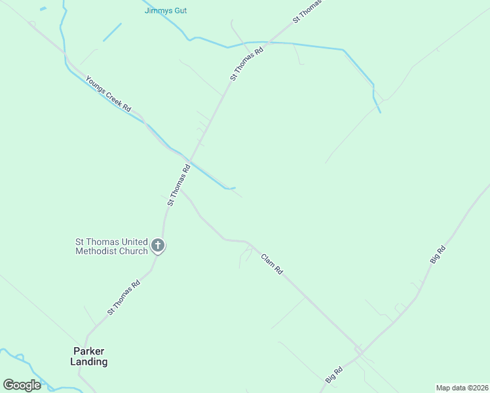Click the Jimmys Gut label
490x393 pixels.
click(165, 10)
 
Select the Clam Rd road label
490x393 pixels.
click(271, 263)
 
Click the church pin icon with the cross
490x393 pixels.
click(157, 246)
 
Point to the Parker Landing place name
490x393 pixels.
click(89, 356)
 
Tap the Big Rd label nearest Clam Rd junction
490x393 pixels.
click(334, 375)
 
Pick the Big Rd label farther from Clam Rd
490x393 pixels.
click(438, 254)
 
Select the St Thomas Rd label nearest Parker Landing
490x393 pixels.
click(124, 298)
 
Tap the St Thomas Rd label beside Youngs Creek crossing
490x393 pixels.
click(178, 185)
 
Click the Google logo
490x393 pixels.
click(22, 385)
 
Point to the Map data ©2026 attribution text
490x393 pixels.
click(462, 388)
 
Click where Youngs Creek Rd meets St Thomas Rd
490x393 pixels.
click(189, 159)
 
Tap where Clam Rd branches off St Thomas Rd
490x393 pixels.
click(181, 191)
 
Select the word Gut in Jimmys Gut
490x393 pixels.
click(179, 10)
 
